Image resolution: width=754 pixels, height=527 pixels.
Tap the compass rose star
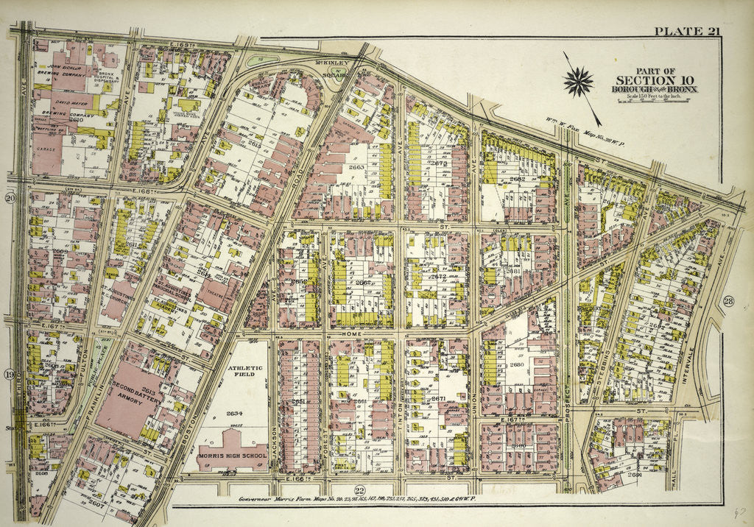579,82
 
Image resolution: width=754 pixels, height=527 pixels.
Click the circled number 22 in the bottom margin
359,492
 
